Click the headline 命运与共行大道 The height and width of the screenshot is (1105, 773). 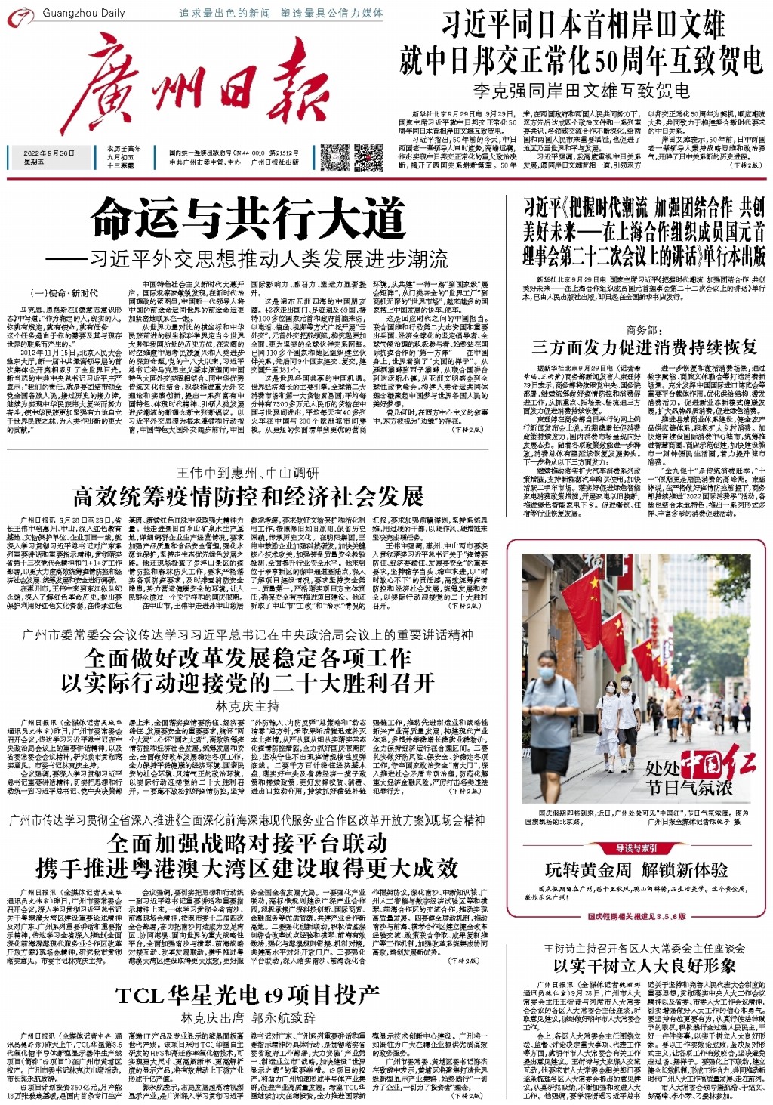[x=248, y=220]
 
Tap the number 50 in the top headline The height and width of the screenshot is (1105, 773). [x=610, y=60]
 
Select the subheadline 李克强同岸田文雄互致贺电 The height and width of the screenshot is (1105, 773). [x=581, y=91]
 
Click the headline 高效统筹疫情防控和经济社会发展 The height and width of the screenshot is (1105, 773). [x=248, y=496]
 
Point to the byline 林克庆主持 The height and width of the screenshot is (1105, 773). [x=248, y=706]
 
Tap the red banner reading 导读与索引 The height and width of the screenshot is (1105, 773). [x=636, y=848]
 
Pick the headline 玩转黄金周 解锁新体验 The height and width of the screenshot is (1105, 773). [x=636, y=869]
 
